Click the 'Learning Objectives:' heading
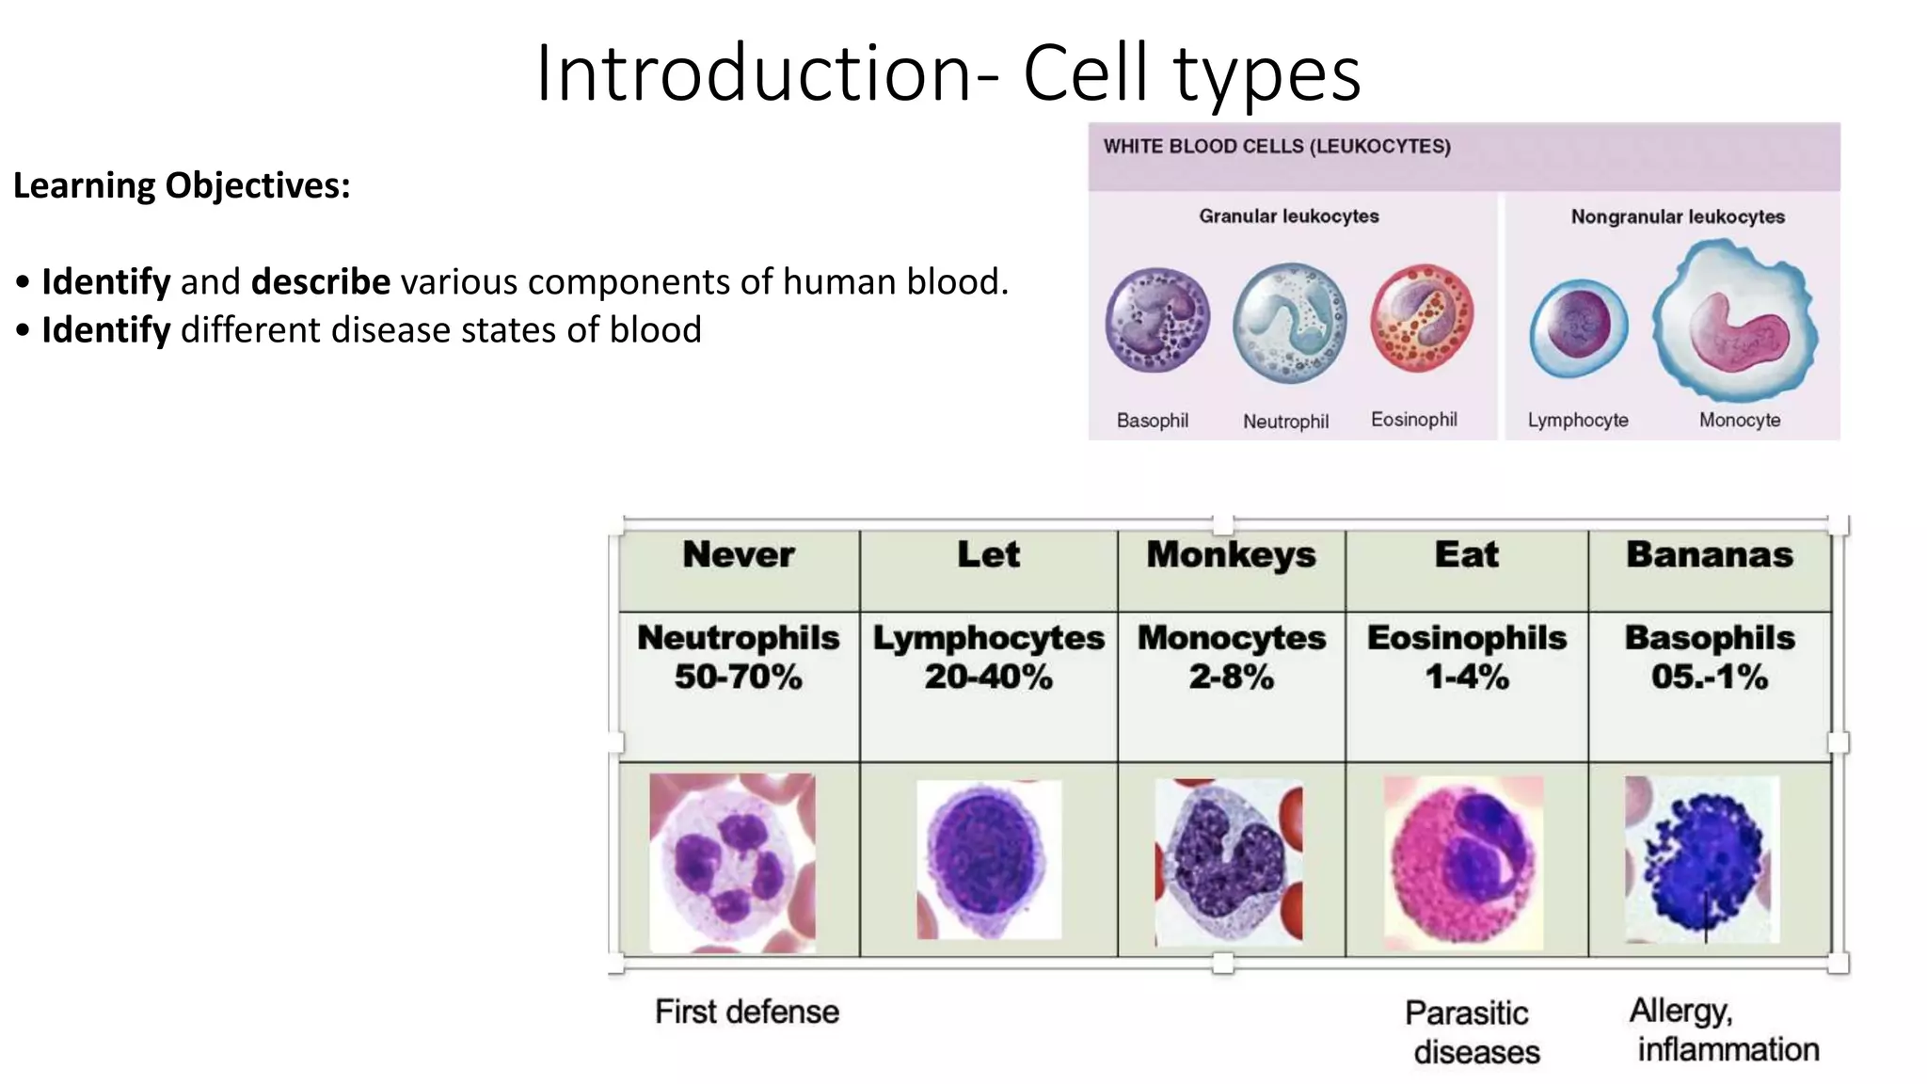pyautogui.click(x=182, y=185)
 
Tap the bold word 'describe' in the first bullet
pyautogui.click(x=320, y=281)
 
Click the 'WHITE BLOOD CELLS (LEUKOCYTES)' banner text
pyautogui.click(x=1277, y=147)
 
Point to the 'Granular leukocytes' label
pyautogui.click(x=1288, y=216)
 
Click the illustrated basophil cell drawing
pyautogui.click(x=1156, y=320)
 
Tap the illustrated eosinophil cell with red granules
pyautogui.click(x=1421, y=318)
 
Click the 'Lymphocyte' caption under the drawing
pyautogui.click(x=1578, y=421)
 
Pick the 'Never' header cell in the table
pyautogui.click(x=739, y=555)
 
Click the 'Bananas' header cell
pyautogui.click(x=1709, y=555)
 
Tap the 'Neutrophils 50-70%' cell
pyautogui.click(x=739, y=657)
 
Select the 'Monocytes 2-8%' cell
pyautogui.click(x=1231, y=657)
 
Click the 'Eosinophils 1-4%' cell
pyautogui.click(x=1466, y=657)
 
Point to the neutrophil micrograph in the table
pyautogui.click(x=732, y=862)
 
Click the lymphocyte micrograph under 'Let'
pyautogui.click(x=988, y=860)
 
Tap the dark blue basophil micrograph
pyautogui.click(x=1701, y=860)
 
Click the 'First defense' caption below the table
pyautogui.click(x=746, y=1012)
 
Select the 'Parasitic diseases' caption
pyautogui.click(x=1471, y=1032)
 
